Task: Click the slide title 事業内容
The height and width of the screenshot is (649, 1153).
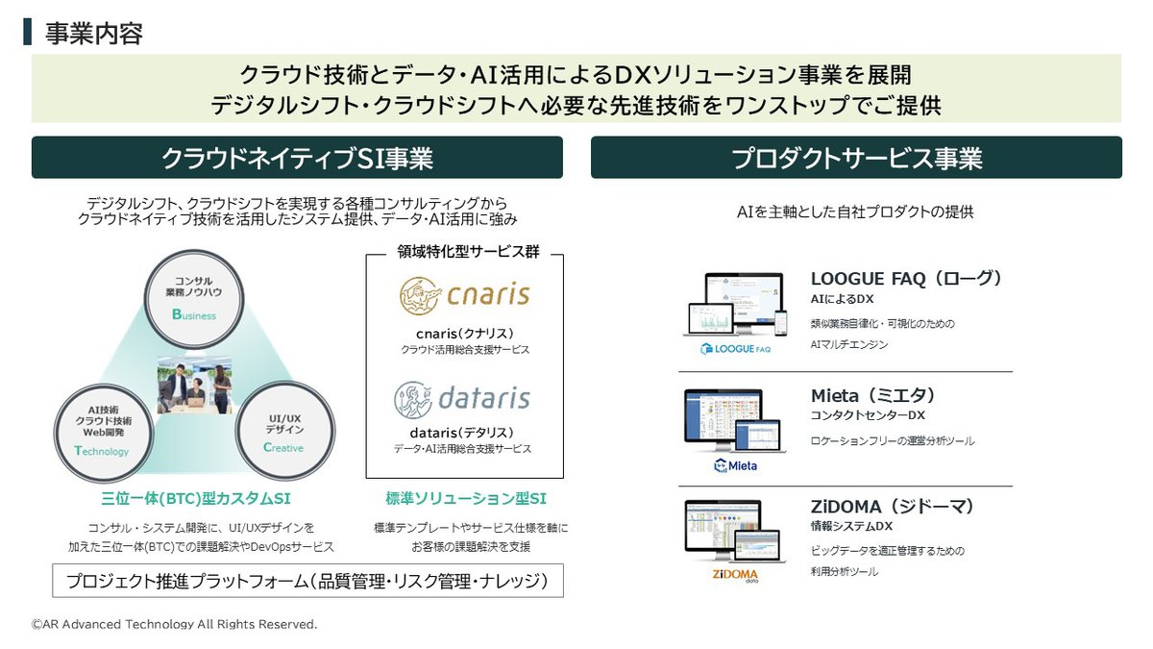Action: coord(94,34)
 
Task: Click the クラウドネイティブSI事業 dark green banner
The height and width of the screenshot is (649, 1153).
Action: coord(297,158)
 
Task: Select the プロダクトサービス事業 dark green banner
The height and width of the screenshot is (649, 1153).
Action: coord(856,158)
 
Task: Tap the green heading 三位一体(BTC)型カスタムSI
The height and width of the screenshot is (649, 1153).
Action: coord(195,499)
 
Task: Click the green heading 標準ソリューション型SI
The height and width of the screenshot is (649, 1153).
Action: coord(465,499)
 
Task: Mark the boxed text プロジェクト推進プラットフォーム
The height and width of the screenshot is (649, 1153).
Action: coord(307,581)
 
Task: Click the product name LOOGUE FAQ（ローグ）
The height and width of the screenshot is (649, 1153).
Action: coord(906,278)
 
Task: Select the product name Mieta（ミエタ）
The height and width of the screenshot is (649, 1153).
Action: coord(872,395)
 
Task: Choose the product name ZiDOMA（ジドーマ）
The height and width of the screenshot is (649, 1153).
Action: coord(893,507)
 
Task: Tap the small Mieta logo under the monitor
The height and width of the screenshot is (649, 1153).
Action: coord(735,465)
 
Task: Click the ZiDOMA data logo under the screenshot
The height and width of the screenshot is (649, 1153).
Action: coord(735,577)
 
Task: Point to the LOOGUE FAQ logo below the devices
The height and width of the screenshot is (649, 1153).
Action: coord(735,349)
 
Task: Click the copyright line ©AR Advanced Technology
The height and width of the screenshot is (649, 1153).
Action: coord(174,625)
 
